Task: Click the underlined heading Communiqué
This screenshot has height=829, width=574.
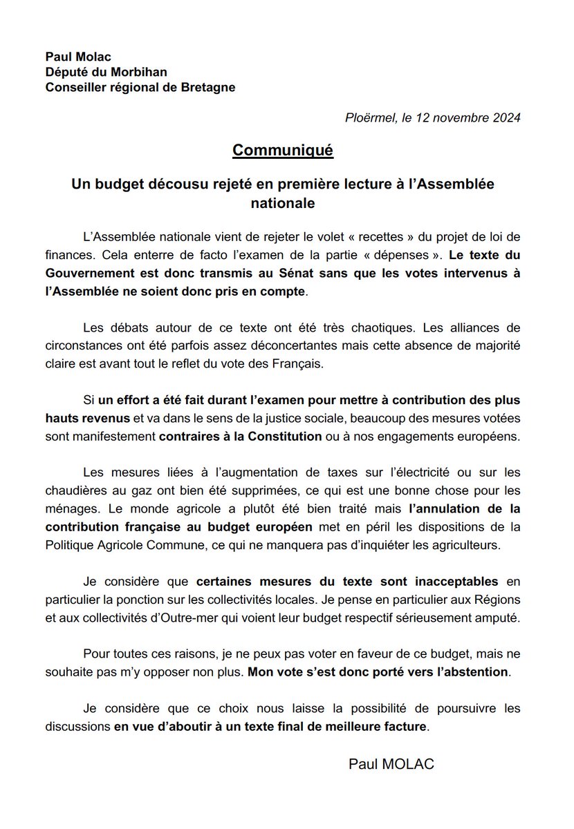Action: coord(283,150)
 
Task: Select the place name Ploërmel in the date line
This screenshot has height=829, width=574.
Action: coord(369,117)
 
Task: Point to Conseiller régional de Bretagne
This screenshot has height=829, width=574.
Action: coord(130,87)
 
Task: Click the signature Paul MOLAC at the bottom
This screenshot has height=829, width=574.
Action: coord(392,763)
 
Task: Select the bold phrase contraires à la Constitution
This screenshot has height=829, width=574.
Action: coord(241,437)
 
